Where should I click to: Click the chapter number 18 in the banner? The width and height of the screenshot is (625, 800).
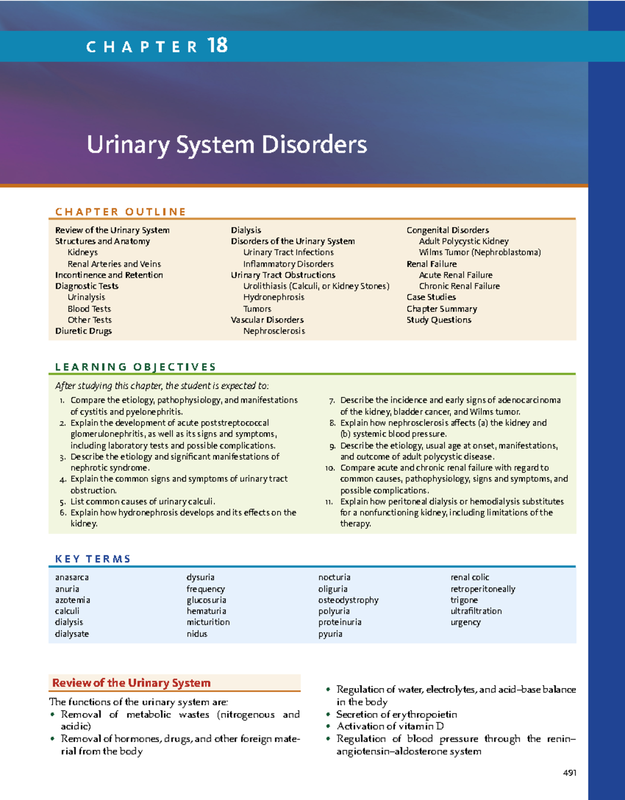tap(217, 45)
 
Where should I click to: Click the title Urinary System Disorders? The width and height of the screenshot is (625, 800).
tap(227, 144)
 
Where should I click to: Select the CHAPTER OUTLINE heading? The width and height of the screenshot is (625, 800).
tap(120, 211)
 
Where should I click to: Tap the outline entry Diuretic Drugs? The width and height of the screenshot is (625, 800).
tap(83, 331)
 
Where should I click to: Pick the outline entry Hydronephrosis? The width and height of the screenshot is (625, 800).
tap(273, 297)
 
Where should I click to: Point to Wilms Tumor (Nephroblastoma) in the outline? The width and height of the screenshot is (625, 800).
tap(480, 253)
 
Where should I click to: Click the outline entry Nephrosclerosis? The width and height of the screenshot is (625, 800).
tap(274, 331)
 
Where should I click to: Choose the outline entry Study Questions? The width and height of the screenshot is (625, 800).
tap(439, 320)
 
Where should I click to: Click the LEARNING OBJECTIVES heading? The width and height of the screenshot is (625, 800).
tap(135, 367)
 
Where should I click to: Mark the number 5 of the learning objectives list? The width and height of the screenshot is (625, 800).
tap(63, 502)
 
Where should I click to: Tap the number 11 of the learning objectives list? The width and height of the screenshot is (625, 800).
tap(329, 502)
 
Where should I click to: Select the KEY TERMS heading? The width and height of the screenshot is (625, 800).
tap(93, 559)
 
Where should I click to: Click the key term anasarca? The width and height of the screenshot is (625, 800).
tap(72, 577)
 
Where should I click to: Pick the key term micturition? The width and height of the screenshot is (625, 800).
tap(208, 622)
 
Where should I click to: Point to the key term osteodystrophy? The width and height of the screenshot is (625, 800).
tap(348, 600)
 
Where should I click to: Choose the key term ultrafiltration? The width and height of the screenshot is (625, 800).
tap(476, 611)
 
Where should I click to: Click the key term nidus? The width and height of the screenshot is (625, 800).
tap(197, 634)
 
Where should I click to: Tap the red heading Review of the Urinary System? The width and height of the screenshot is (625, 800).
tap(131, 683)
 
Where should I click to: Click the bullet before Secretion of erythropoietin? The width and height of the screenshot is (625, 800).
tap(328, 715)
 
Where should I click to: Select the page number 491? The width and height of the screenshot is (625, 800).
tap(569, 773)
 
